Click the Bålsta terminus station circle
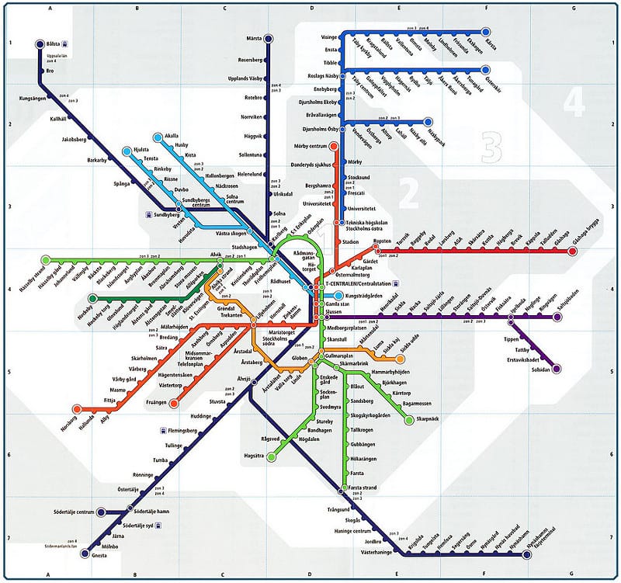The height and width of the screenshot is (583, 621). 41,45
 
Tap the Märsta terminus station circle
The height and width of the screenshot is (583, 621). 269,38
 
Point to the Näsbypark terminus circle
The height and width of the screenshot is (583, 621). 428,122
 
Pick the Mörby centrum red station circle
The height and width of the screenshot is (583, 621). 334,145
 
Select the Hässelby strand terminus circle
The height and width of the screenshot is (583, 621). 46,259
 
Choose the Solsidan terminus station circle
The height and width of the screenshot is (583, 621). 556,368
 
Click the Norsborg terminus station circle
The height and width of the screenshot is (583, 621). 77,408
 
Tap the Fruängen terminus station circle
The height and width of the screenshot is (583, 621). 174,403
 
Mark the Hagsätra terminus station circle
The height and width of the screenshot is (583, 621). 270,456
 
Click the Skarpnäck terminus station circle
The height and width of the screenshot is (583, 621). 409,420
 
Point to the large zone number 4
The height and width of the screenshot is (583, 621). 573,101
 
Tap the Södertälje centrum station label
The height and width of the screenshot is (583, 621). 75,512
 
